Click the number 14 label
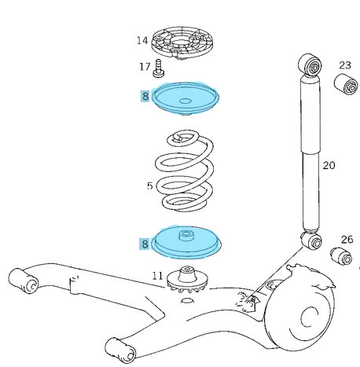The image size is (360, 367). pyautogui.click(x=141, y=40)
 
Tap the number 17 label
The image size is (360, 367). pyautogui.click(x=145, y=66)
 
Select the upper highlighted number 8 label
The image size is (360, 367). pyautogui.click(x=145, y=97)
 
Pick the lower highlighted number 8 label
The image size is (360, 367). pyautogui.click(x=145, y=244)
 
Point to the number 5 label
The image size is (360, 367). pyautogui.click(x=149, y=186)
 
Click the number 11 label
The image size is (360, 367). pyautogui.click(x=157, y=276)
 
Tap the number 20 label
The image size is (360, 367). pyautogui.click(x=329, y=164)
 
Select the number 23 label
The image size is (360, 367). pyautogui.click(x=344, y=65)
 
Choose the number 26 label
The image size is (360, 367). pyautogui.click(x=347, y=239)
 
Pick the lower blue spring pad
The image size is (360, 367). pyautogui.click(x=186, y=243)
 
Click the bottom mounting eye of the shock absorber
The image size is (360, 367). pyautogui.click(x=310, y=239)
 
